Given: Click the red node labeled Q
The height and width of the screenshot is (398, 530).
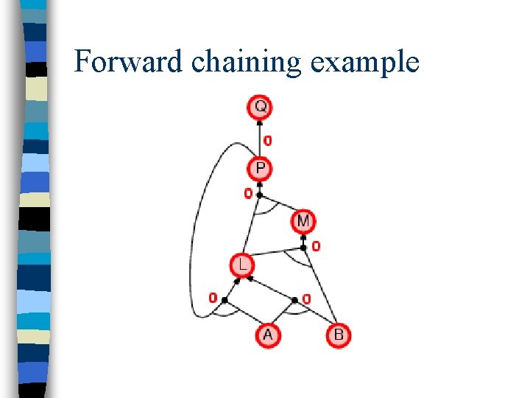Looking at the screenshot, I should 260,107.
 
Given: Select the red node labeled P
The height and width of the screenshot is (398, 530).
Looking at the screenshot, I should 260,169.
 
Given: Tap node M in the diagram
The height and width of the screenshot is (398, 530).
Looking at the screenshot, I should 303,220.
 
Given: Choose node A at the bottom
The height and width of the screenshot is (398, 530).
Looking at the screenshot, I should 267,335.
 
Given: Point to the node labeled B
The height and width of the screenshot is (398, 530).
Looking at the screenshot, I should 338,335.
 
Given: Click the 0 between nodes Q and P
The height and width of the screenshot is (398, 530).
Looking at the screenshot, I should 267,140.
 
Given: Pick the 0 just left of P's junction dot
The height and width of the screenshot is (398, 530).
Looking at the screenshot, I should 248,194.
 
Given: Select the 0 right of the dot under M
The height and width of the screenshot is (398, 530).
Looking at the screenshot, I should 316,246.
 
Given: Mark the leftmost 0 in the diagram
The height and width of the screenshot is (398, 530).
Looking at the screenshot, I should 213,298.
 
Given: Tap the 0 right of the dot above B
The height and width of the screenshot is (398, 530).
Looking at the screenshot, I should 306,298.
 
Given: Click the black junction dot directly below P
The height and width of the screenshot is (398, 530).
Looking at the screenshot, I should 260,195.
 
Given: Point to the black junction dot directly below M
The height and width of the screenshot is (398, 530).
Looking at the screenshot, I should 303,238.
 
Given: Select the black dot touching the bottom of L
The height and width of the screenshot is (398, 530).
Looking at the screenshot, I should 249,279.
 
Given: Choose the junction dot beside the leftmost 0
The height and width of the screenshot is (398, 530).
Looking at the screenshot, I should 225,300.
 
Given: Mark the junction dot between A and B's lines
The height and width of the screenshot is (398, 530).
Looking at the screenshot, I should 294,300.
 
